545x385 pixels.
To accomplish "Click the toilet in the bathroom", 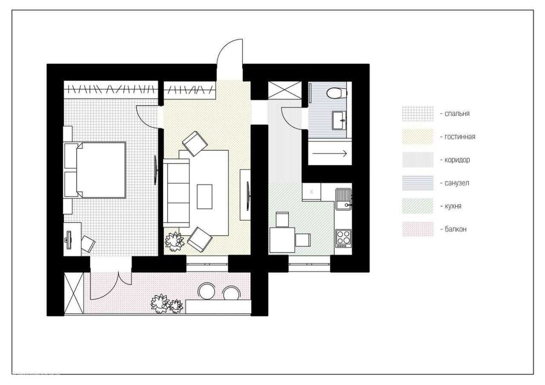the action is coord(337,93).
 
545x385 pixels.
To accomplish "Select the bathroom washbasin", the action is coord(339,120).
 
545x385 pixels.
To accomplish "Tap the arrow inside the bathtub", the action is coord(329,153).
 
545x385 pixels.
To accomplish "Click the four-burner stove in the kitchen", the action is coord(343,238).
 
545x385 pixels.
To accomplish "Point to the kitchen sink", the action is coord(344,199).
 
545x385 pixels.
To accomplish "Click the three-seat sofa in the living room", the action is coord(176,193).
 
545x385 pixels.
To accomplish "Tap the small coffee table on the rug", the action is coord(204,197).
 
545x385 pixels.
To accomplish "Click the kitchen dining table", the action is coord(282,240).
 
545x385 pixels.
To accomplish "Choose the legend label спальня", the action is coord(457,114).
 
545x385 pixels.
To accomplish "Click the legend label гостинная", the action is coord(460,137).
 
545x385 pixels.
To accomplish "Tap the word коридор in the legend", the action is coord(457,160).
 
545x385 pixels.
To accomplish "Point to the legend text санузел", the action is coord(457,183).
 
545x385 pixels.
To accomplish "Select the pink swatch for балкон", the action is coord(417,229).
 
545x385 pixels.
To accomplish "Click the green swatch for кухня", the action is coord(417,206).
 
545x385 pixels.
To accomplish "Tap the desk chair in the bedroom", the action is coord(88,243).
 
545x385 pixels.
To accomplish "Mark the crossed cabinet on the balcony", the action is coord(74,293).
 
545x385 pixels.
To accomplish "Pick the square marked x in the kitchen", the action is coord(312,192).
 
